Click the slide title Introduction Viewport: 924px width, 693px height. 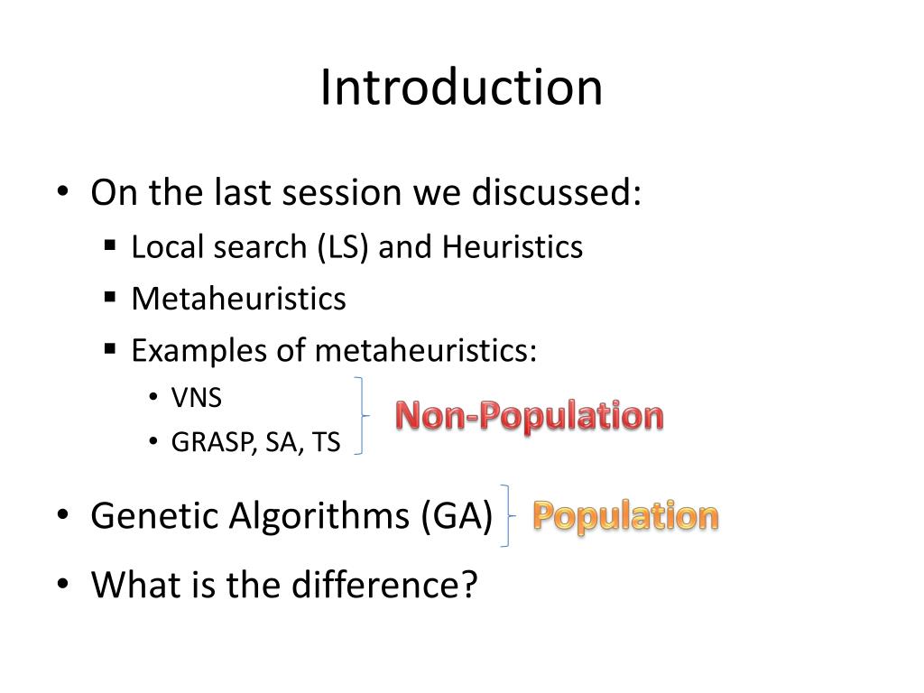coord(461,88)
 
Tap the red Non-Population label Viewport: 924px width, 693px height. coord(530,416)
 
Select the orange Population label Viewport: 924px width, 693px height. coord(625,516)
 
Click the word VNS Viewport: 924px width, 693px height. coord(197,398)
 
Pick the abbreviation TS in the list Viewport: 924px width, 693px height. coord(326,443)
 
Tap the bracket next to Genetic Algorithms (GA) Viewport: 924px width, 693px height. coord(507,515)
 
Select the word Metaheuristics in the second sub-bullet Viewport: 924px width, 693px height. coord(238,299)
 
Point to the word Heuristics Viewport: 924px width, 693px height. coord(512,247)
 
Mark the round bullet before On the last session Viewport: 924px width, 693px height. coord(62,192)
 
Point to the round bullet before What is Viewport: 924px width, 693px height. coord(62,586)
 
